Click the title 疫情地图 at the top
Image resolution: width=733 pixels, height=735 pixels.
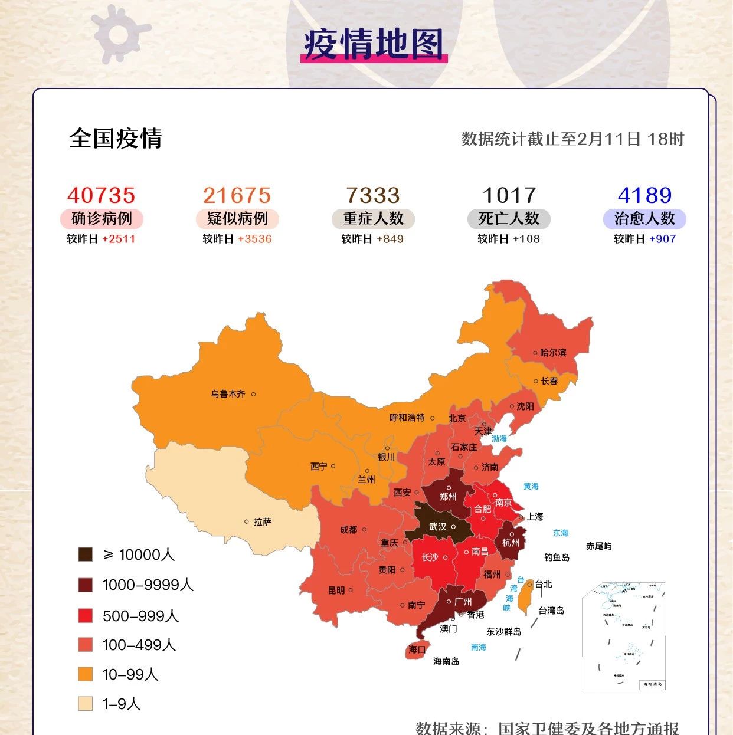[374, 44]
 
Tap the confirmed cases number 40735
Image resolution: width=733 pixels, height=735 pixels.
[102, 195]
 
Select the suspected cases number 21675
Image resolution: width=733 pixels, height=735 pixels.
[237, 195]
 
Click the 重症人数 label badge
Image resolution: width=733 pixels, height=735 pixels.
[373, 219]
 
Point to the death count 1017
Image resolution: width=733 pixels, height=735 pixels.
[509, 195]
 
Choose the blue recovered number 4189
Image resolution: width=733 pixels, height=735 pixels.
[644, 195]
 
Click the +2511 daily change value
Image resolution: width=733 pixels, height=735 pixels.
[119, 239]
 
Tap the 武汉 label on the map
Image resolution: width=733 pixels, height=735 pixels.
[437, 526]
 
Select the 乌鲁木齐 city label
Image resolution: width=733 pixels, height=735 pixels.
[228, 393]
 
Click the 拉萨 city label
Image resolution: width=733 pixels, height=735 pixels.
[262, 521]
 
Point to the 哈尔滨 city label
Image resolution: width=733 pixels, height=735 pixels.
[553, 352]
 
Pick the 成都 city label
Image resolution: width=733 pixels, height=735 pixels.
[348, 529]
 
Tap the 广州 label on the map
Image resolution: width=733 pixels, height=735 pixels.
[463, 602]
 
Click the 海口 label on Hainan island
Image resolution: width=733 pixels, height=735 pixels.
[417, 649]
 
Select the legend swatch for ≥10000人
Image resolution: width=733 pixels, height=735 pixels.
[86, 554]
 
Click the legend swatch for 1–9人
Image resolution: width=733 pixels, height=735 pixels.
[86, 704]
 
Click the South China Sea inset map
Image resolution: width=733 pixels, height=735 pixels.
[623, 635]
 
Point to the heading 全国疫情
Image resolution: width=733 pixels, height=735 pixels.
[116, 139]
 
